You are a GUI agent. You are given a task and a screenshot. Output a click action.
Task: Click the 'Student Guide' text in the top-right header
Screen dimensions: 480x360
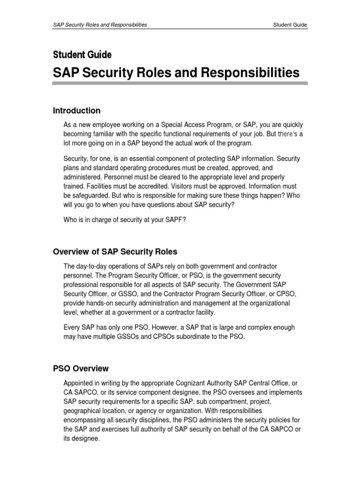pos(291,25)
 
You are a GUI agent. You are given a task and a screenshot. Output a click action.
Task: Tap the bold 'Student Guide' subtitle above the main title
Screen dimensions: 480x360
pos(82,55)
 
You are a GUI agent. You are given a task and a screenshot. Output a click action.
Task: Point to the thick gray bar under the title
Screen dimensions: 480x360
pos(180,83)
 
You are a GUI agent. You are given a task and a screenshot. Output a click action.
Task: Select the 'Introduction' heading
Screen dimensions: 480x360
pos(76,111)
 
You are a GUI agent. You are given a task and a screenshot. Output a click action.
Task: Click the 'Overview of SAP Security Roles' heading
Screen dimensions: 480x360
pos(115,252)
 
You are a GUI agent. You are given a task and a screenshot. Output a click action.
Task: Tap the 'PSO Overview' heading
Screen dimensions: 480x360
pos(81,368)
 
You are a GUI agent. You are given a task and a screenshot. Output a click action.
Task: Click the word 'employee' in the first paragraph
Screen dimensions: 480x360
pos(108,125)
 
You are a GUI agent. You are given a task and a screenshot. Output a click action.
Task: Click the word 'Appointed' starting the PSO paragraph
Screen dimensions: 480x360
pos(79,383)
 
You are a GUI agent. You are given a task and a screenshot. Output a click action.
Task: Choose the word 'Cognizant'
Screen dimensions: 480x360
pos(188,383)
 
